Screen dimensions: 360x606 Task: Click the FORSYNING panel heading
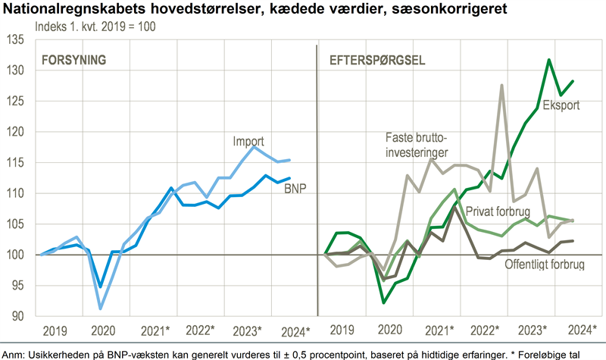[x=73, y=60]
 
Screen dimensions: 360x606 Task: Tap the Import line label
[x=249, y=141]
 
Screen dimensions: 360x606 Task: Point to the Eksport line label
[x=561, y=105]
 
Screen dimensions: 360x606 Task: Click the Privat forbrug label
[x=497, y=211]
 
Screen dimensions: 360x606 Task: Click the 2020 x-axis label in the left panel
[x=102, y=331]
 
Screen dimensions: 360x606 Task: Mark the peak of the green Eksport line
[x=549, y=60]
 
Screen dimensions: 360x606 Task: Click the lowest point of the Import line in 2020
[x=101, y=308]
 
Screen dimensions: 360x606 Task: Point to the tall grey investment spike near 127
[x=501, y=86]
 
